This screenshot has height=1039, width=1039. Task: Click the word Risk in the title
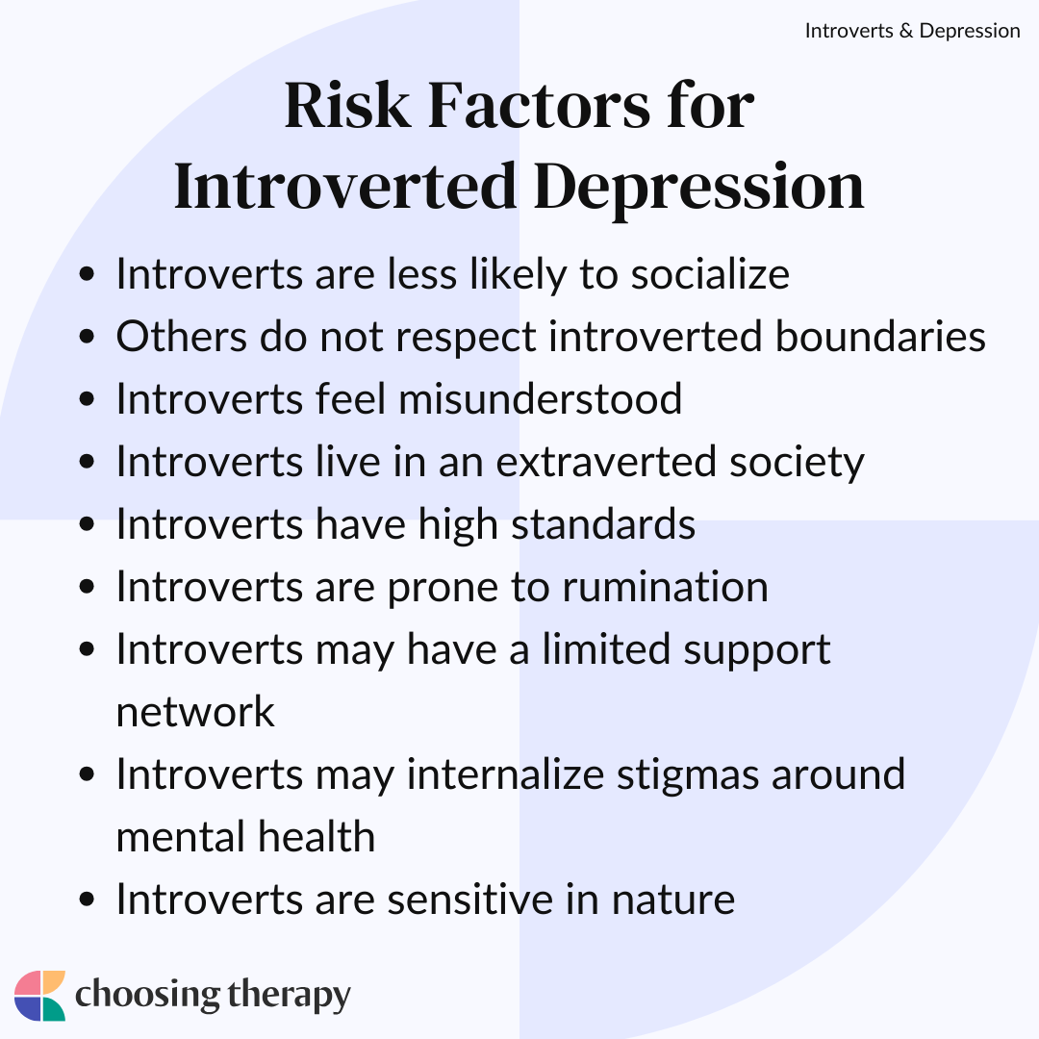coord(347,106)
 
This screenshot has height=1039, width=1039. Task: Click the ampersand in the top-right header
coord(906,31)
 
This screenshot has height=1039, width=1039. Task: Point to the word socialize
coord(710,273)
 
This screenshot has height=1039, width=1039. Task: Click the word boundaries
coord(880,336)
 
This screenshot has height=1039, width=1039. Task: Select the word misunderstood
coord(540,398)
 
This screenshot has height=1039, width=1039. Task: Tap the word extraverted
coord(606,462)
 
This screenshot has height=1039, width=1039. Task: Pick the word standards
coord(603,523)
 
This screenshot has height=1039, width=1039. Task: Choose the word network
coord(194,712)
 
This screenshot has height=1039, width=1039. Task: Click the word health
coord(317,836)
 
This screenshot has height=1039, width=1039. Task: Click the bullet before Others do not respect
coord(87,336)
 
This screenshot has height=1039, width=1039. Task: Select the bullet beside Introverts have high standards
coord(87,523)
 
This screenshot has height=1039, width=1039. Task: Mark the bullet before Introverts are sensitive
coord(87,900)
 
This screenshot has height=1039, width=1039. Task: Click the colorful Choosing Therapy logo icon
coord(39,996)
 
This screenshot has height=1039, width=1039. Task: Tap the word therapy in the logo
coord(289,996)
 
